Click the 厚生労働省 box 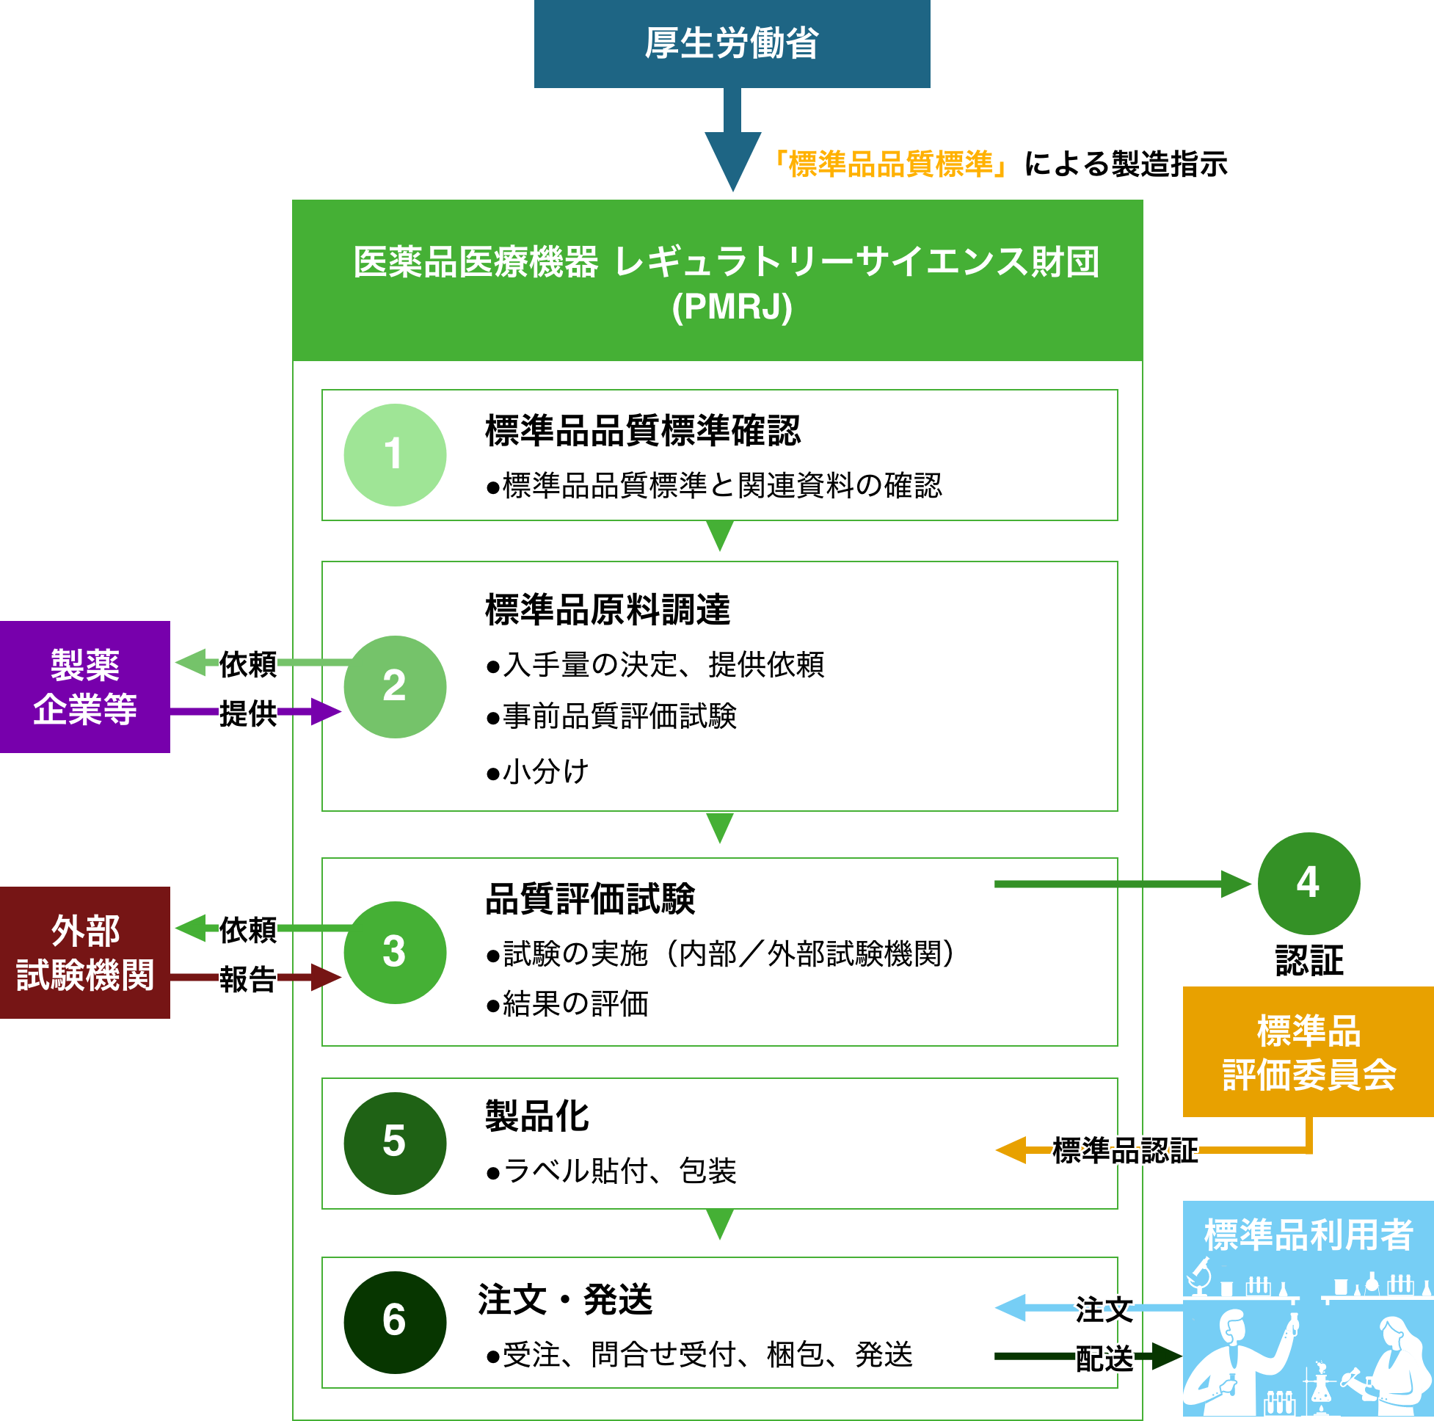pos(732,43)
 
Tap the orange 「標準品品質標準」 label pos(890,164)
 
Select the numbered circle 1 pos(395,455)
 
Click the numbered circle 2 pos(395,687)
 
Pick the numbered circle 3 pos(395,953)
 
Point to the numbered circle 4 pos(1309,884)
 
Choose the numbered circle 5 pos(395,1144)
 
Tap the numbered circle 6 pos(395,1322)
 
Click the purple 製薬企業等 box pos(84,687)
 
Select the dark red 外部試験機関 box pos(84,953)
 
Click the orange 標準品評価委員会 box pos(1309,1052)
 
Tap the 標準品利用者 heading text pos(1309,1235)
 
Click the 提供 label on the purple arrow pos(248,713)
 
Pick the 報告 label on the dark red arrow pos(248,978)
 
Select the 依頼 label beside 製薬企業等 pos(248,663)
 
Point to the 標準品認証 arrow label pos(1125,1150)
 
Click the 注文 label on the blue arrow pos(1104,1309)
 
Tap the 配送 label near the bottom pos(1104,1358)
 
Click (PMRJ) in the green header pos(732,307)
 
